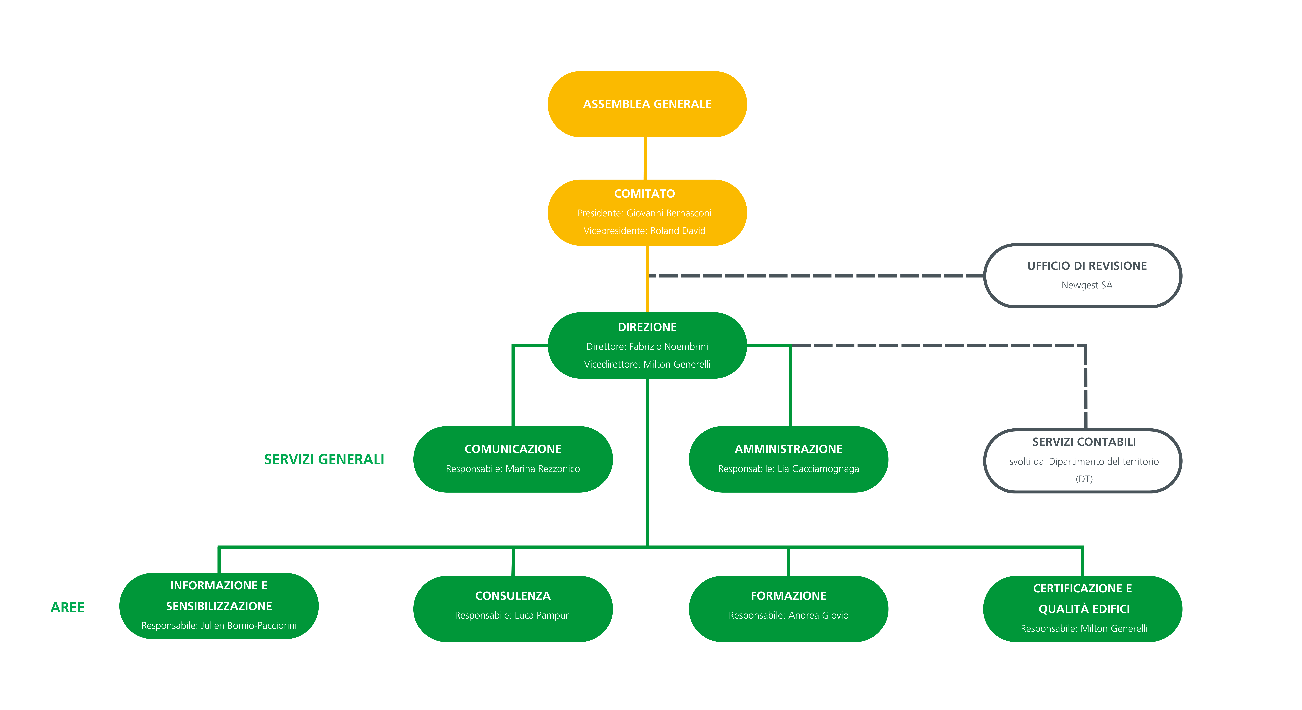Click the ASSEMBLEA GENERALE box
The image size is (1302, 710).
pyautogui.click(x=647, y=104)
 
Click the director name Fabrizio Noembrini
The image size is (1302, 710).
pyautogui.click(x=668, y=347)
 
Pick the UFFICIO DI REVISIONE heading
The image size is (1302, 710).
pyautogui.click(x=1087, y=266)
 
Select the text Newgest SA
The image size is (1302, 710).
pyautogui.click(x=1087, y=285)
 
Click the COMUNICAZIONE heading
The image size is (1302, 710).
pyautogui.click(x=513, y=449)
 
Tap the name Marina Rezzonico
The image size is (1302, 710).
pyautogui.click(x=542, y=469)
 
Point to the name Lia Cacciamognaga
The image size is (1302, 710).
pyautogui.click(x=818, y=469)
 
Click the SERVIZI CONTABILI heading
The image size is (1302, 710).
pyautogui.click(x=1084, y=442)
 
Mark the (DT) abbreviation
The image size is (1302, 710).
pyautogui.click(x=1084, y=479)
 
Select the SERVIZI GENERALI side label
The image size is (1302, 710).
pyautogui.click(x=324, y=459)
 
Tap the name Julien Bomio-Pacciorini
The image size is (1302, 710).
pyautogui.click(x=249, y=626)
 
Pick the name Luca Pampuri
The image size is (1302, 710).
pyautogui.click(x=542, y=615)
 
